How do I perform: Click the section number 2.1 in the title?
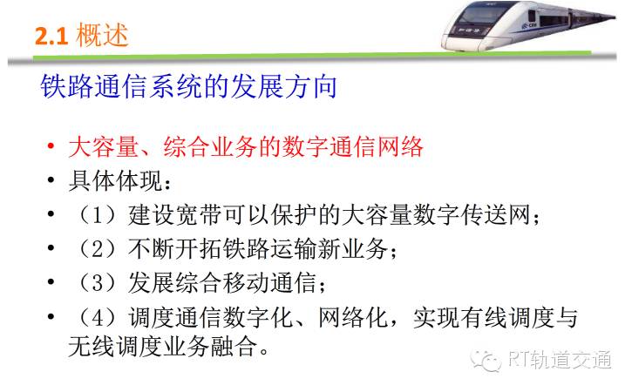[51, 36]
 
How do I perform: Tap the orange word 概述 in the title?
[102, 35]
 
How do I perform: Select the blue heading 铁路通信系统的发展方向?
[188, 86]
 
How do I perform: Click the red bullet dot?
[51, 145]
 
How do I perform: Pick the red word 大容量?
[104, 146]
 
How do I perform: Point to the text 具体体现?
[116, 181]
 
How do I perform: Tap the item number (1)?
[97, 215]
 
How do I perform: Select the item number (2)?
[97, 248]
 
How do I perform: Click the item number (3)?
[97, 282]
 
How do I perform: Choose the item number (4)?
[97, 317]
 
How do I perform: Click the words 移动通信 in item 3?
[269, 282]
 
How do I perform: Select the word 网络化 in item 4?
[353, 317]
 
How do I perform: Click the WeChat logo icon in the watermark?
[486, 360]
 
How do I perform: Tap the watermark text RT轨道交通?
[561, 360]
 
